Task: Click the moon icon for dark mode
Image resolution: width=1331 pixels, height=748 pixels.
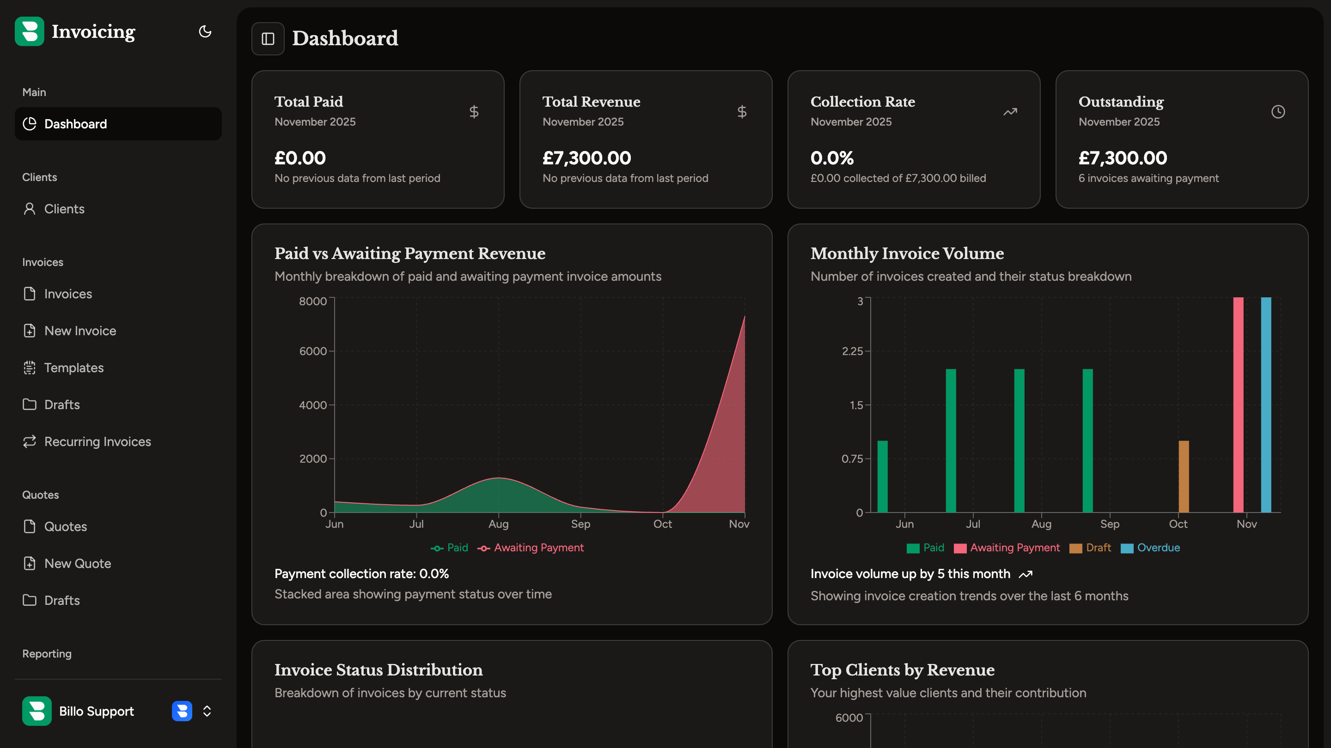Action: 205,31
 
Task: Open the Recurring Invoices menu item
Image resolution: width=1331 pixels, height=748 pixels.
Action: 97,441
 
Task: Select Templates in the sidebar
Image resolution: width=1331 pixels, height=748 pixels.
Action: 73,368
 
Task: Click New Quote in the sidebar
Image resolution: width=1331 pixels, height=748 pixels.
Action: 78,563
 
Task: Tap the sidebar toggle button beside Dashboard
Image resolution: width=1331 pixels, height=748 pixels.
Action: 268,39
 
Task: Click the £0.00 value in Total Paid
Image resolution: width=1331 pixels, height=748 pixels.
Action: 299,158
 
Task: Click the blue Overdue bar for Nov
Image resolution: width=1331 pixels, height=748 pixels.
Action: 1266,405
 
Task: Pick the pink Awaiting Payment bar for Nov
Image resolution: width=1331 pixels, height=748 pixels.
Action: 1238,405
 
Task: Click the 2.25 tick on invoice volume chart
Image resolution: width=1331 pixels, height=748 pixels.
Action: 852,351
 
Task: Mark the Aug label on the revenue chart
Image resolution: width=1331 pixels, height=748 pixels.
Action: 498,524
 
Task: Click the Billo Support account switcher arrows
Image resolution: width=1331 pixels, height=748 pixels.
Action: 207,712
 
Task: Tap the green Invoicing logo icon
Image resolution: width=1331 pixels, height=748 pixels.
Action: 30,31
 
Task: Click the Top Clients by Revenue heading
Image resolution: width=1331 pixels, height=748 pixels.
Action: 902,670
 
